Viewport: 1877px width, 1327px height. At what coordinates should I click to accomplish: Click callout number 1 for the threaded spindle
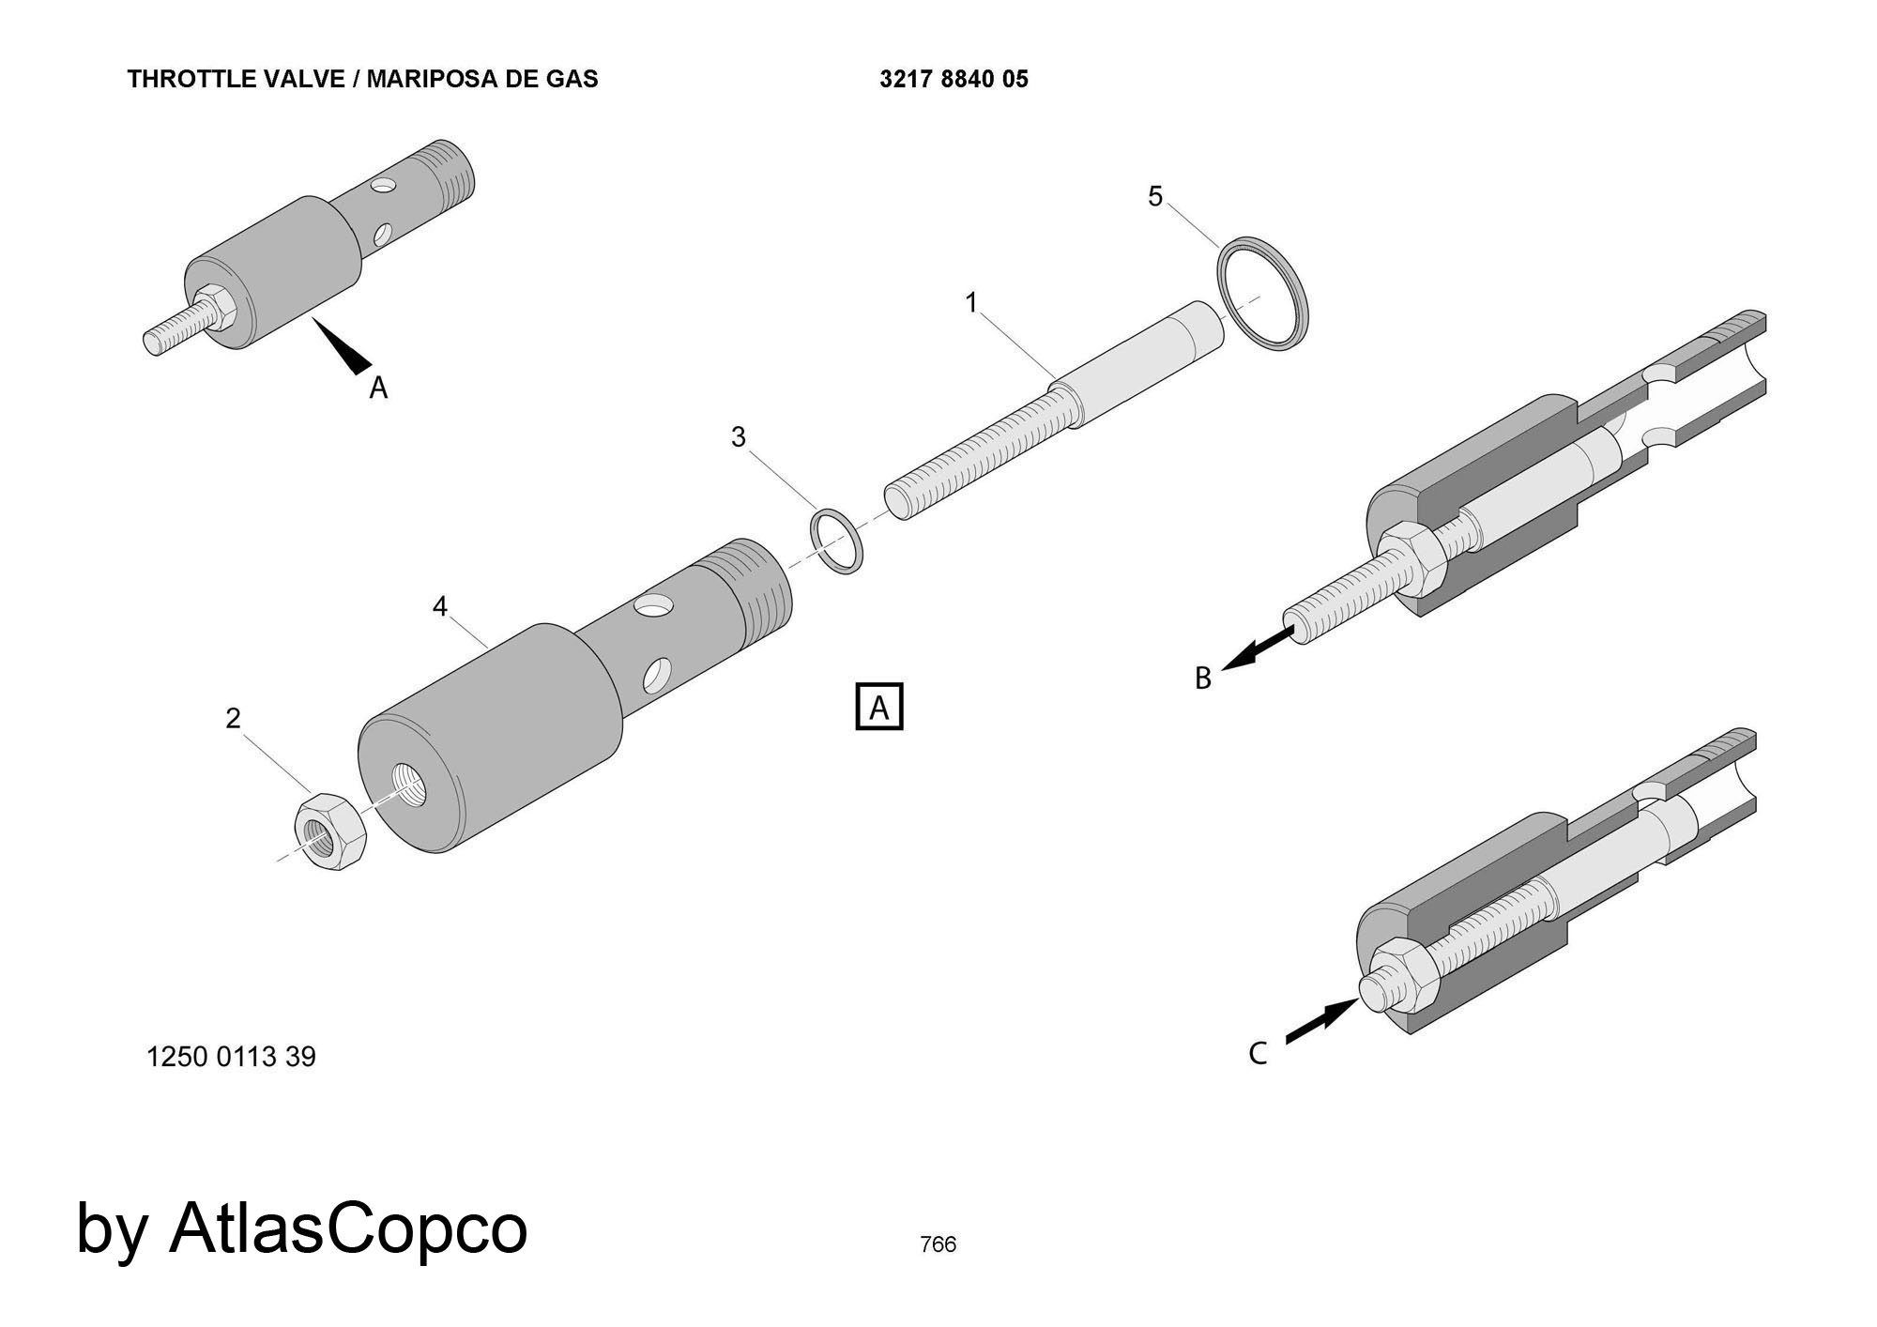coord(971,303)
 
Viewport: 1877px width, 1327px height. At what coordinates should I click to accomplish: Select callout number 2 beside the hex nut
coord(233,718)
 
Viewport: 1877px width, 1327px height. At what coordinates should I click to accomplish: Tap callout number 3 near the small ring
coord(739,437)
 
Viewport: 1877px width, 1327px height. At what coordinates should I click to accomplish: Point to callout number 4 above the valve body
coord(440,607)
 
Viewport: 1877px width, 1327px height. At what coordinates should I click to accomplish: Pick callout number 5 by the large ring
coord(1155,196)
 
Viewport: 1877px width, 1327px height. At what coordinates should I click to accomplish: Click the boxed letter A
coord(879,707)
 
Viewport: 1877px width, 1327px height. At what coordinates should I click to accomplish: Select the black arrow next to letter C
coord(1321,1020)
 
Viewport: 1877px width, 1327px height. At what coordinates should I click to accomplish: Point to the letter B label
coord(1203,678)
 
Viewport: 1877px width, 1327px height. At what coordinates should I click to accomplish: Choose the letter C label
coord(1258,1054)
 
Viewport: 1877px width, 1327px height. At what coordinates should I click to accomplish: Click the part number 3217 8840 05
coord(954,80)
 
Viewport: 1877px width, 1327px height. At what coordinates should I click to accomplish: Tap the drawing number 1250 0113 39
coord(231,1057)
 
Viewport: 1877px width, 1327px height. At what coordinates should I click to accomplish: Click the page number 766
coord(938,1244)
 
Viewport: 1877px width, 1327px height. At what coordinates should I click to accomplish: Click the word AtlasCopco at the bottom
coord(348,1228)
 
